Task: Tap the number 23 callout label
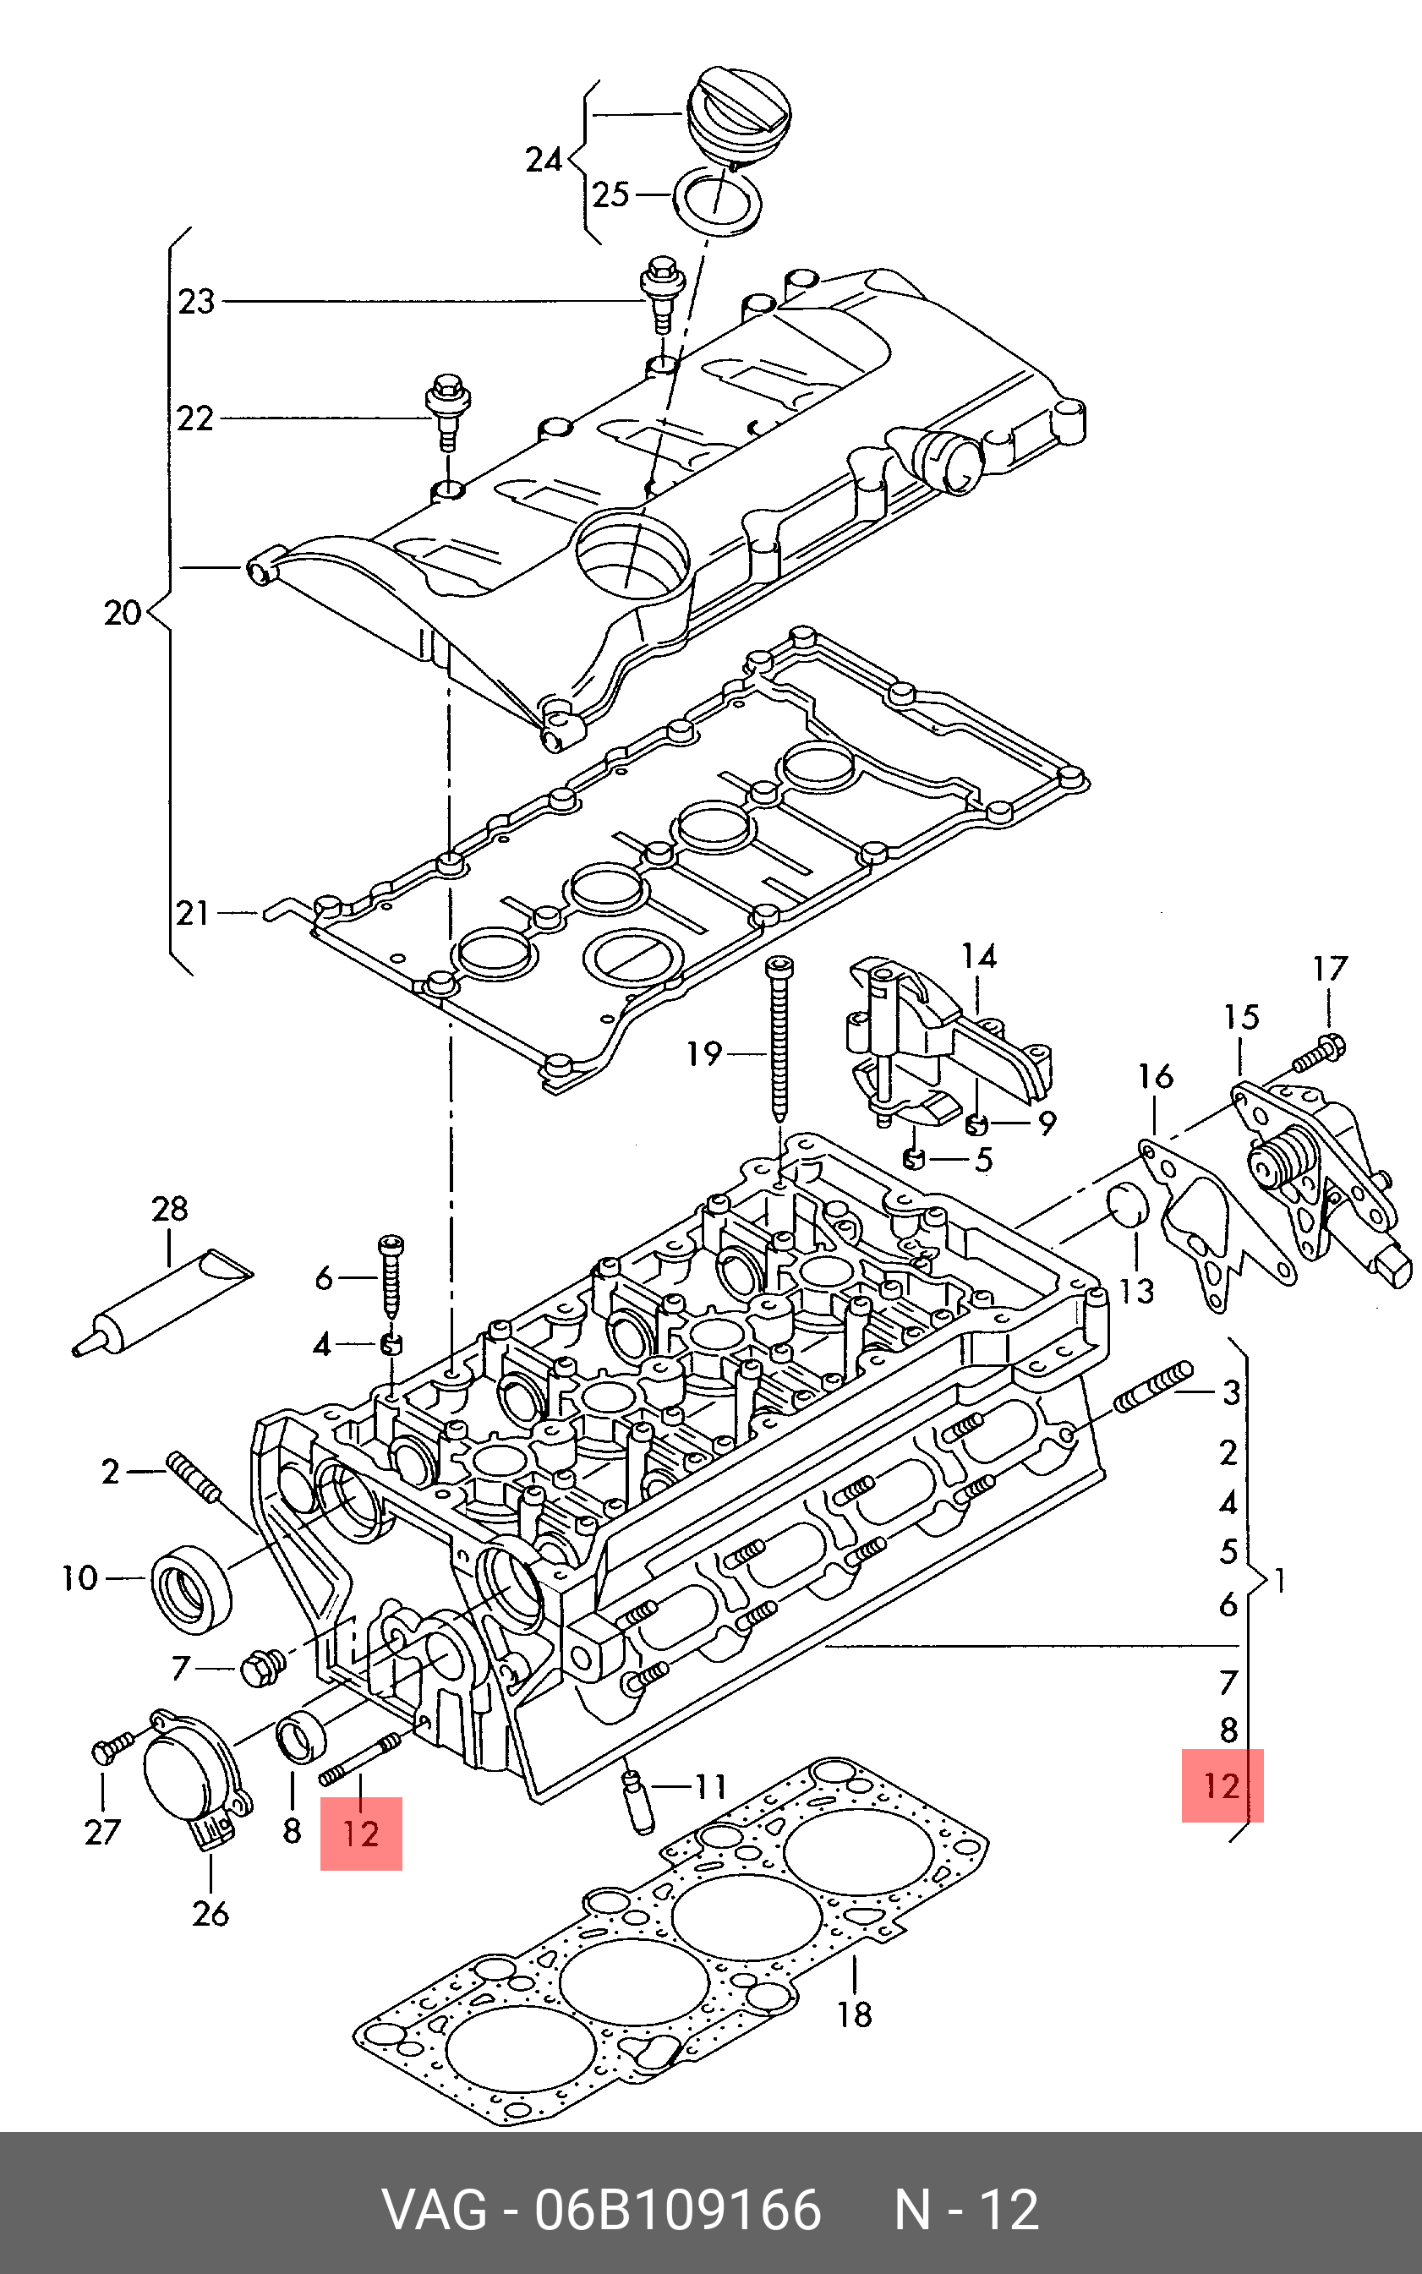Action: tap(196, 302)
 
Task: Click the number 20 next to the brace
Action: tap(123, 612)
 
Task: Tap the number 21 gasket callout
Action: tap(193, 912)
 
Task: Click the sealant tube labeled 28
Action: tap(161, 1303)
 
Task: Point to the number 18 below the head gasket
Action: tap(855, 2014)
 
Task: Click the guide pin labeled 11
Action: tap(637, 1800)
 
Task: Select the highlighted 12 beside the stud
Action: tap(361, 1833)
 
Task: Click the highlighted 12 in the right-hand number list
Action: tap(1222, 1786)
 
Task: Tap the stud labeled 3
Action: tap(1153, 1386)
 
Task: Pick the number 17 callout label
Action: tap(1331, 968)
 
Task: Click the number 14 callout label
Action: tap(978, 956)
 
